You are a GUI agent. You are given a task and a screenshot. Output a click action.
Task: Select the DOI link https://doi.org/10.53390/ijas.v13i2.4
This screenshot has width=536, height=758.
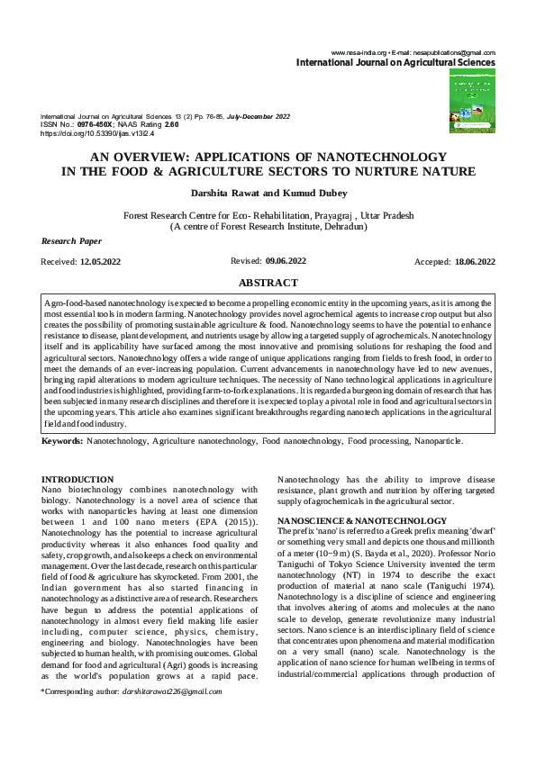(x=98, y=132)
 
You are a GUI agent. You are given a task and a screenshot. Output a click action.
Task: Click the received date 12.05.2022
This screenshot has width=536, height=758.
(x=100, y=261)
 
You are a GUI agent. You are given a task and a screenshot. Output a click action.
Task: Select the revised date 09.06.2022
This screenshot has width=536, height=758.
(x=286, y=260)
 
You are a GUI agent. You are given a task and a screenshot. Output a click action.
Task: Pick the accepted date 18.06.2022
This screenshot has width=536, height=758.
(x=475, y=261)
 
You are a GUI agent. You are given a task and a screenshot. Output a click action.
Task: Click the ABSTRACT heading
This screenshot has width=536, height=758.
(x=268, y=282)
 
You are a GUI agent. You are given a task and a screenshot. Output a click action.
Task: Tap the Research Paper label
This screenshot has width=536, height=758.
(x=72, y=241)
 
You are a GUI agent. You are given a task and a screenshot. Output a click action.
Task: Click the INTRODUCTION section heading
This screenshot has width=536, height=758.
(x=78, y=479)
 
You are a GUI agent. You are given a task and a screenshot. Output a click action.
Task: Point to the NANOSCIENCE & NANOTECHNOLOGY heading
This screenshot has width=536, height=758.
(x=350, y=521)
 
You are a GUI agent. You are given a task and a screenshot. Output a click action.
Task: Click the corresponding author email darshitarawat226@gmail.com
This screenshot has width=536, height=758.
(x=171, y=691)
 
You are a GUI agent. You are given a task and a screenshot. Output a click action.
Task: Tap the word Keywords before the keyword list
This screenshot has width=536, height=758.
(x=63, y=442)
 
